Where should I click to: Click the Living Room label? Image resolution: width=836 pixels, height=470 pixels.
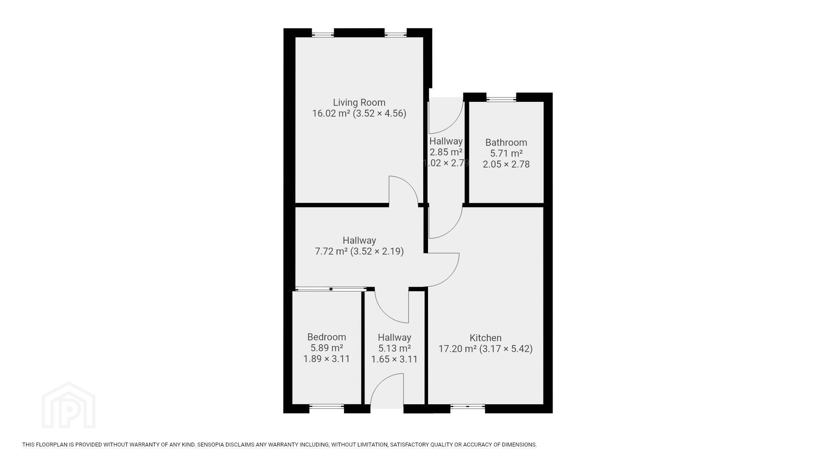359,103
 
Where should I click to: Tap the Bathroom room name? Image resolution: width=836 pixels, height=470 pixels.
506,143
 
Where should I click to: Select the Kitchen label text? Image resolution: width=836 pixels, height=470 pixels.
485,338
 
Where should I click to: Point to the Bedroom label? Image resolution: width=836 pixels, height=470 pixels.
327,337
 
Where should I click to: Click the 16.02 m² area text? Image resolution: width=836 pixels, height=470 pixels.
331,114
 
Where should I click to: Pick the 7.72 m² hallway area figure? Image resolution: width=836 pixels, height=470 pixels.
331,252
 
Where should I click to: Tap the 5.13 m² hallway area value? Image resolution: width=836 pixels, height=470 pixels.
394,349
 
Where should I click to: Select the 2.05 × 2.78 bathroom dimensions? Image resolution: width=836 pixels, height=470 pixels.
506,164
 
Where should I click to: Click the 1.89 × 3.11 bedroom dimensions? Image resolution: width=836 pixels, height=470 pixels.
327,359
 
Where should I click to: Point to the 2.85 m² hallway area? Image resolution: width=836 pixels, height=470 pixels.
446,152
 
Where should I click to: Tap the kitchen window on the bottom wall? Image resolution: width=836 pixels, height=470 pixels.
468,407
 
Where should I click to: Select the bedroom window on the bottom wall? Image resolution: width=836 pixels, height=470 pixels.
327,407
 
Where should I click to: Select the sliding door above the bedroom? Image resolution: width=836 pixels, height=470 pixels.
331,289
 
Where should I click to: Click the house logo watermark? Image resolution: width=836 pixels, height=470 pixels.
68,405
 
